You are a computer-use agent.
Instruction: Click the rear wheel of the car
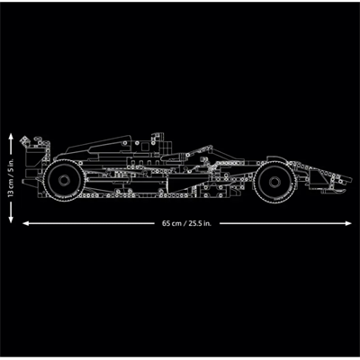(x=64, y=177)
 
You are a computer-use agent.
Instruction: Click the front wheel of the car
(x=271, y=182)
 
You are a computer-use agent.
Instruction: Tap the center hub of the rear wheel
(x=64, y=177)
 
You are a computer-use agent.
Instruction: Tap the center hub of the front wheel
(x=271, y=182)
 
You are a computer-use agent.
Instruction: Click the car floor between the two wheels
(x=166, y=191)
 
